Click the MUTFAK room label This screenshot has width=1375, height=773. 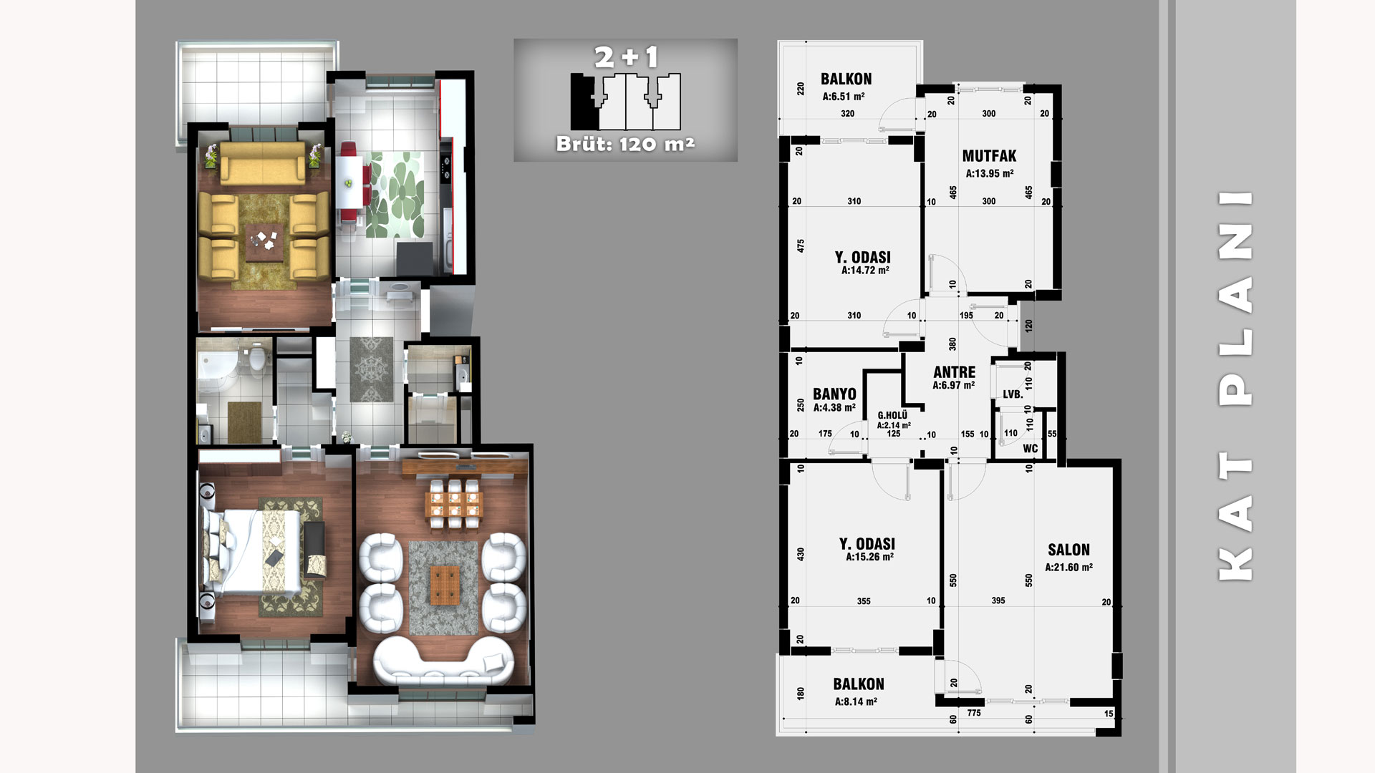[989, 156]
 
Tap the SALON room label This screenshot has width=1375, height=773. [1068, 550]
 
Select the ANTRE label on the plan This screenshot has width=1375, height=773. [954, 372]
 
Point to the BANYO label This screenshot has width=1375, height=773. [834, 394]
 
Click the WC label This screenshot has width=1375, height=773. [1031, 449]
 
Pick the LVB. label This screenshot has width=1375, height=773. [1013, 394]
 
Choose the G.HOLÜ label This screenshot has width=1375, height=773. [892, 415]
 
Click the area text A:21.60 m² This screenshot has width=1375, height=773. [1068, 568]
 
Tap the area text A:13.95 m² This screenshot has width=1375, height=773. [989, 173]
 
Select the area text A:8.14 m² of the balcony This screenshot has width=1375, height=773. [856, 702]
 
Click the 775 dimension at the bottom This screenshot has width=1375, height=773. [973, 713]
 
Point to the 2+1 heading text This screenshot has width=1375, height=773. [626, 57]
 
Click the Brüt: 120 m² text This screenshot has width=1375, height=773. [626, 144]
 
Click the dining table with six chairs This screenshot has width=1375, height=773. [454, 505]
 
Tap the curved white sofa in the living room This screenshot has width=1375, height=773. [444, 662]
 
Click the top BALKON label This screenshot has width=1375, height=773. [846, 79]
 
